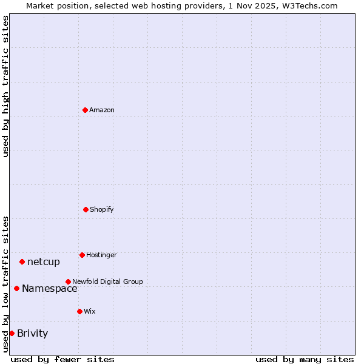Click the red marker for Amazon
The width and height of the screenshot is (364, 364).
click(86, 110)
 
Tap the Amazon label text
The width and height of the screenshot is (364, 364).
click(102, 110)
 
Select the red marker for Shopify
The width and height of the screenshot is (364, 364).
click(86, 209)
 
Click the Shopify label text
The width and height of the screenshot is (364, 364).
click(102, 210)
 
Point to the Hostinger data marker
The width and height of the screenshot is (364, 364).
click(82, 255)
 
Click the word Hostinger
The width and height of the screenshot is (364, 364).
click(101, 255)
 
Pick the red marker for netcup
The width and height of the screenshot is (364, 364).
click(22, 261)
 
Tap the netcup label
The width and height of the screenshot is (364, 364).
click(44, 262)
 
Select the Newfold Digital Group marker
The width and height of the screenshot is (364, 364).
click(68, 281)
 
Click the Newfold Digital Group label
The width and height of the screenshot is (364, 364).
click(107, 282)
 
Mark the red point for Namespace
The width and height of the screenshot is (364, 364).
click(16, 288)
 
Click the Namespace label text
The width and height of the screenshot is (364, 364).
click(49, 289)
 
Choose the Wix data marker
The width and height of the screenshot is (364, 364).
click(79, 311)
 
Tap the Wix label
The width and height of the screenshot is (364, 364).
click(90, 312)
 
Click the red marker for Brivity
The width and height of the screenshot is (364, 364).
click(12, 333)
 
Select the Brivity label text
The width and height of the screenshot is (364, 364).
click(32, 334)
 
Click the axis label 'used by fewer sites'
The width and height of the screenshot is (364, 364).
click(62, 359)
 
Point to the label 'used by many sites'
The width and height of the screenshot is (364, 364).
click(305, 359)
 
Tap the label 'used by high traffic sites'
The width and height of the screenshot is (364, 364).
click(5, 86)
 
